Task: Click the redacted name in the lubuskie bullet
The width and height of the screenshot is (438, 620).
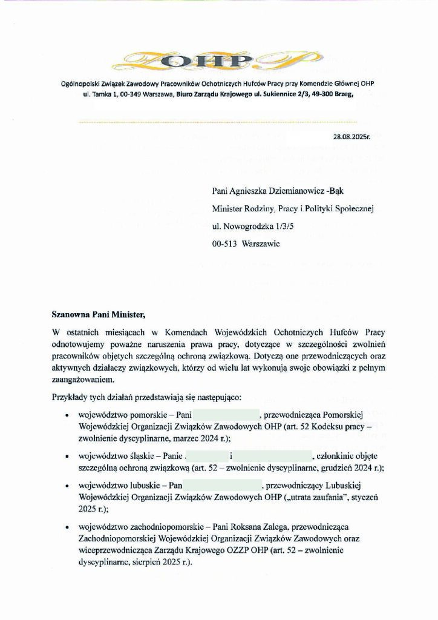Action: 221,484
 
